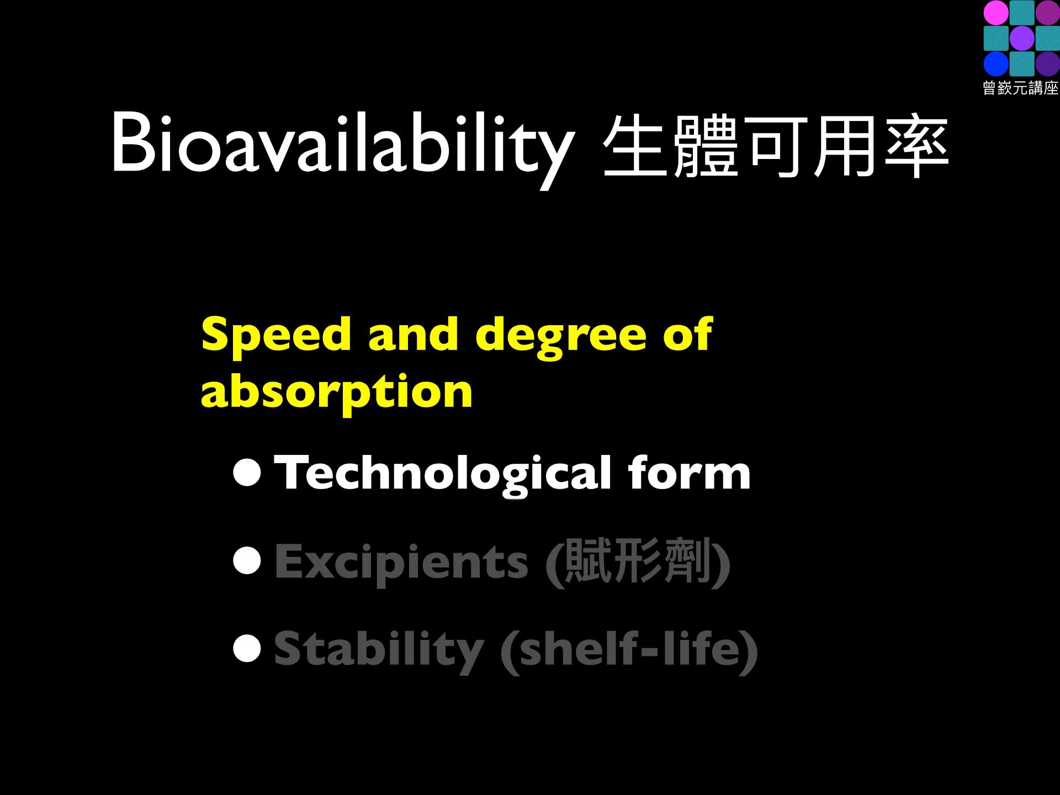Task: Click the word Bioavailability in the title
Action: (x=340, y=146)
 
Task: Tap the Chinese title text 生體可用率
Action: (x=776, y=146)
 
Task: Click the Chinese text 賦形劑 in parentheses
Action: (x=637, y=561)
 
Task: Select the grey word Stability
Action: (x=379, y=651)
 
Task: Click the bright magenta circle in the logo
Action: (x=996, y=13)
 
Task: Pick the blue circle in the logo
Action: (x=996, y=64)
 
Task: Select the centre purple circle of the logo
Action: (x=1021, y=39)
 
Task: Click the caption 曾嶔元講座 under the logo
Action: (x=1021, y=88)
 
